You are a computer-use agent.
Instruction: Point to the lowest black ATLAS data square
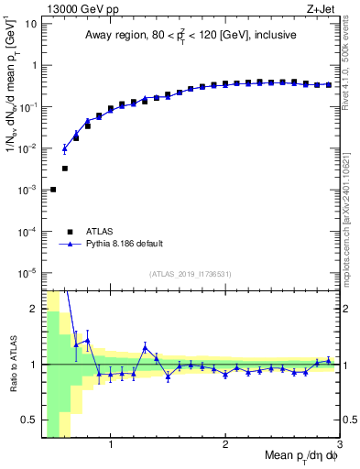click(x=53, y=190)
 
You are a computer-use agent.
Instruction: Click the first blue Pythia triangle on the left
click(x=64, y=148)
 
